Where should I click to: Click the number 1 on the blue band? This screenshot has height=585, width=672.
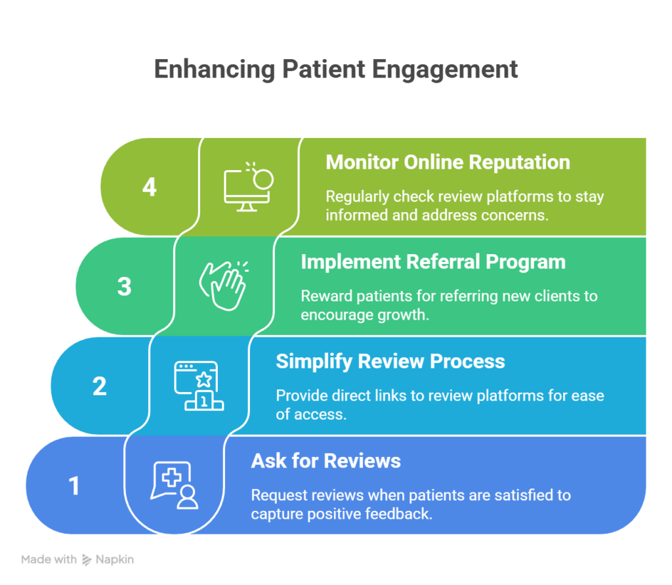(74, 486)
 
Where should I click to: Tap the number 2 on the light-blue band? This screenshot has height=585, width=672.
(99, 386)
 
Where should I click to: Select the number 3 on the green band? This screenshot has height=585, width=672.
(124, 287)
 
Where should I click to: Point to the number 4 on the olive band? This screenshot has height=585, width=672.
(150, 187)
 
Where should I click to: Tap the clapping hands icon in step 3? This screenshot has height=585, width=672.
(223, 286)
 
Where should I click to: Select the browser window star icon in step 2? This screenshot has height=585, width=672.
(198, 385)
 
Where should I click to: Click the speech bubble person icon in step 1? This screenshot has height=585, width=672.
(175, 485)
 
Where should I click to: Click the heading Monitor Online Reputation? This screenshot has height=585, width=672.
(448, 162)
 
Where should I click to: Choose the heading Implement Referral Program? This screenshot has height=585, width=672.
(432, 261)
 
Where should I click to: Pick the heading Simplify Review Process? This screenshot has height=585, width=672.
(390, 361)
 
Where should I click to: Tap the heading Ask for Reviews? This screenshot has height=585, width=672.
(325, 461)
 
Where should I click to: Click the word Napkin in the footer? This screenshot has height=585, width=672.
(115, 560)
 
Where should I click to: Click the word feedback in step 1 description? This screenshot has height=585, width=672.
(402, 513)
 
